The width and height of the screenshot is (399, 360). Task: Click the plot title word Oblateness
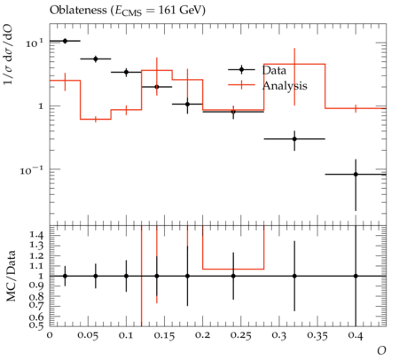78,10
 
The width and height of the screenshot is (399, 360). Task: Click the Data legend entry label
274,70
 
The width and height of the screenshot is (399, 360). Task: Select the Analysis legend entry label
285,86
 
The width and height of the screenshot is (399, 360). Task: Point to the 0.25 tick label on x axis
241,335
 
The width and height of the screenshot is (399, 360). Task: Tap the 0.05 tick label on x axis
89,335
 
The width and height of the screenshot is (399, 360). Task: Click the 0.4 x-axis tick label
356,335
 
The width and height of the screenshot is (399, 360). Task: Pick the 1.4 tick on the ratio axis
36,235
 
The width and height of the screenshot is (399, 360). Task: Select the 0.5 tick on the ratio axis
36,325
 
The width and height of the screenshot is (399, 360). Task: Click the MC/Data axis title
11,276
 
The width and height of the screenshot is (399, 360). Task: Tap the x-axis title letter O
381,351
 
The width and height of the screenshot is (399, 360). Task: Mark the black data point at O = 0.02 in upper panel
65,41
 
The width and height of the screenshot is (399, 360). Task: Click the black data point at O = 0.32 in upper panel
294,139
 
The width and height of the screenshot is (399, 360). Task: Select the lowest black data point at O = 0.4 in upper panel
356,175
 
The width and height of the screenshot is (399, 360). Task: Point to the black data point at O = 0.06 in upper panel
96,59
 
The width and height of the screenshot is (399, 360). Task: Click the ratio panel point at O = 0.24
233,276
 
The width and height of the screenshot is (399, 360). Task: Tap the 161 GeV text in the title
180,10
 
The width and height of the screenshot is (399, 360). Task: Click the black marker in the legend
241,70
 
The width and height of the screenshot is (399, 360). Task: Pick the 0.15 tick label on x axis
165,335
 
